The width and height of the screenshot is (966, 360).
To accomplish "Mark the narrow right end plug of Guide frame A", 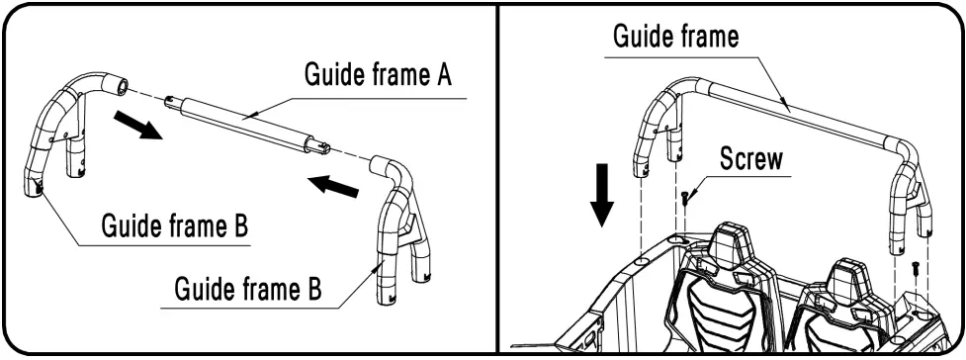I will [322, 148].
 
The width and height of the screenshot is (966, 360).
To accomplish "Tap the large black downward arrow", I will [603, 197].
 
